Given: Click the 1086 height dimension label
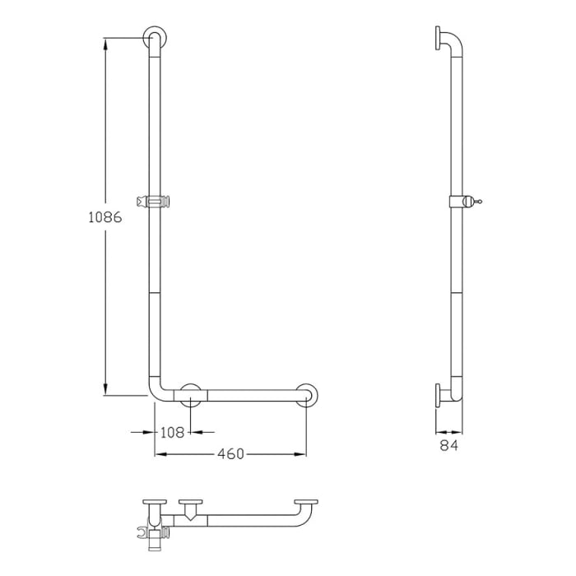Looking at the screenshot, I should (105, 218).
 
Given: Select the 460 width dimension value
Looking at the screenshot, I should (230, 453).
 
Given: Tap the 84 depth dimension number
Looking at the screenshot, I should (448, 445).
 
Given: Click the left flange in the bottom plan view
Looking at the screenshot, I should (153, 504).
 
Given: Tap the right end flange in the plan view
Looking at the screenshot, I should (307, 504).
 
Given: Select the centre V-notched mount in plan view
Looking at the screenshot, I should (192, 510).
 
